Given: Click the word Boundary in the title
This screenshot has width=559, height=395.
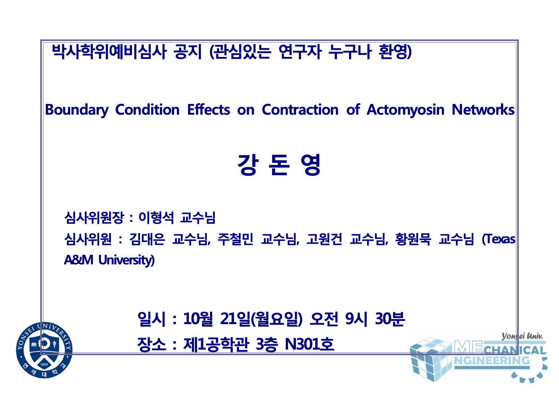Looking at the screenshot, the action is click(77, 110).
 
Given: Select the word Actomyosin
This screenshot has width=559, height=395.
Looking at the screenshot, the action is click(405, 110).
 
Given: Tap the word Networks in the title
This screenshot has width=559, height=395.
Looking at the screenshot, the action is click(483, 110).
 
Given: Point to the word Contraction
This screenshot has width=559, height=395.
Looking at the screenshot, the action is click(300, 110).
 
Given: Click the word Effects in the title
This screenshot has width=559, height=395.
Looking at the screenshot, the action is click(208, 110).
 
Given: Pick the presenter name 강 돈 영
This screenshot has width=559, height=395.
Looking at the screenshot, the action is click(279, 165).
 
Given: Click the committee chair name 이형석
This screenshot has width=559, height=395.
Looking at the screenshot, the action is click(156, 217).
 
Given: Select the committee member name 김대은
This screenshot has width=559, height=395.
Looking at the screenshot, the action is click(147, 239).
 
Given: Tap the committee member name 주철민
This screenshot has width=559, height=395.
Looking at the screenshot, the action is click(235, 239).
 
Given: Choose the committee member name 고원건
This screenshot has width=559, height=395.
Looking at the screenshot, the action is click(324, 239).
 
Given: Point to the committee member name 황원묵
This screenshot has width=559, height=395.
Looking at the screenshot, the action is click(413, 239).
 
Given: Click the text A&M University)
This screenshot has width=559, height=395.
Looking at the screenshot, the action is click(109, 260).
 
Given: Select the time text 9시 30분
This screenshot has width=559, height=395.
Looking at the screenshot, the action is click(375, 319).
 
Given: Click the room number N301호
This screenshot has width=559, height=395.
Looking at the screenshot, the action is click(310, 344).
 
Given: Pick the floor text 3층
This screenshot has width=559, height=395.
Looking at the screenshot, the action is click(267, 344).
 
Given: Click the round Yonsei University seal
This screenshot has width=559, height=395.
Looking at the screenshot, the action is click(44, 350).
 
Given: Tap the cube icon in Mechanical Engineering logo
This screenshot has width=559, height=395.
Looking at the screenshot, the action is click(431, 359).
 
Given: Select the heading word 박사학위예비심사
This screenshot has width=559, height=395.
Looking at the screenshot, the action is click(109, 52).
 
